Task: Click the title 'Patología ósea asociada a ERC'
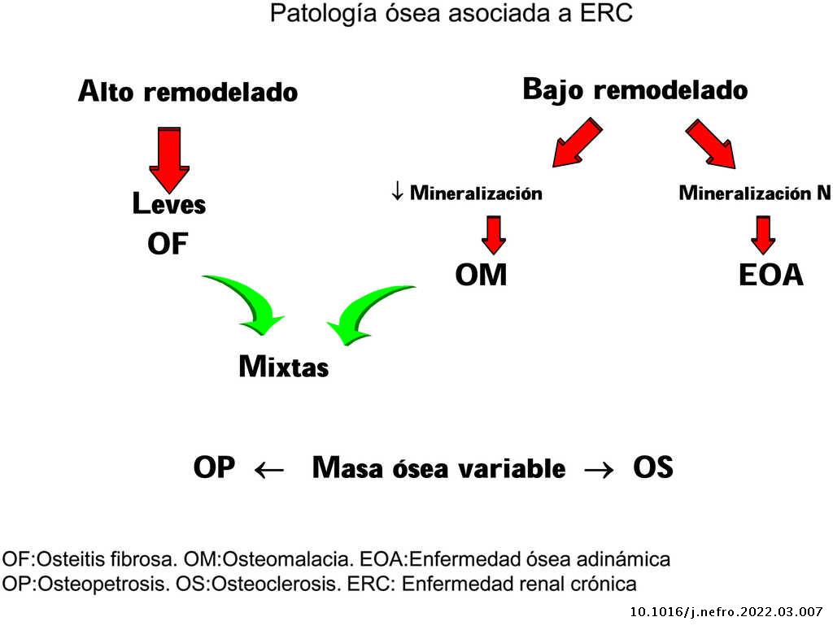pos(451,15)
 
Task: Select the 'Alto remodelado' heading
pos(188,92)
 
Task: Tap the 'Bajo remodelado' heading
pos(635,89)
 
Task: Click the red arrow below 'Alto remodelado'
pos(169,157)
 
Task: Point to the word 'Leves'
pos(169,204)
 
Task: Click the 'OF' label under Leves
pos(168,243)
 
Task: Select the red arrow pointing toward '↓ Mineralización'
pos(578,142)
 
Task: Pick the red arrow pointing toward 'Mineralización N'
pos(711,144)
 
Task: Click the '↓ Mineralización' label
pos(466,193)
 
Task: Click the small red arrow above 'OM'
pos(493,234)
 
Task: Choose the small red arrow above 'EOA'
pos(762,234)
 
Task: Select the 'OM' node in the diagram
pos(481,275)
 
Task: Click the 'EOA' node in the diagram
pos(770,275)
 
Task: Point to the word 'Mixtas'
pos(284,367)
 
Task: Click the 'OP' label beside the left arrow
pos(214,468)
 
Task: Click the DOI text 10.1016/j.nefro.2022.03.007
pos(726,612)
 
